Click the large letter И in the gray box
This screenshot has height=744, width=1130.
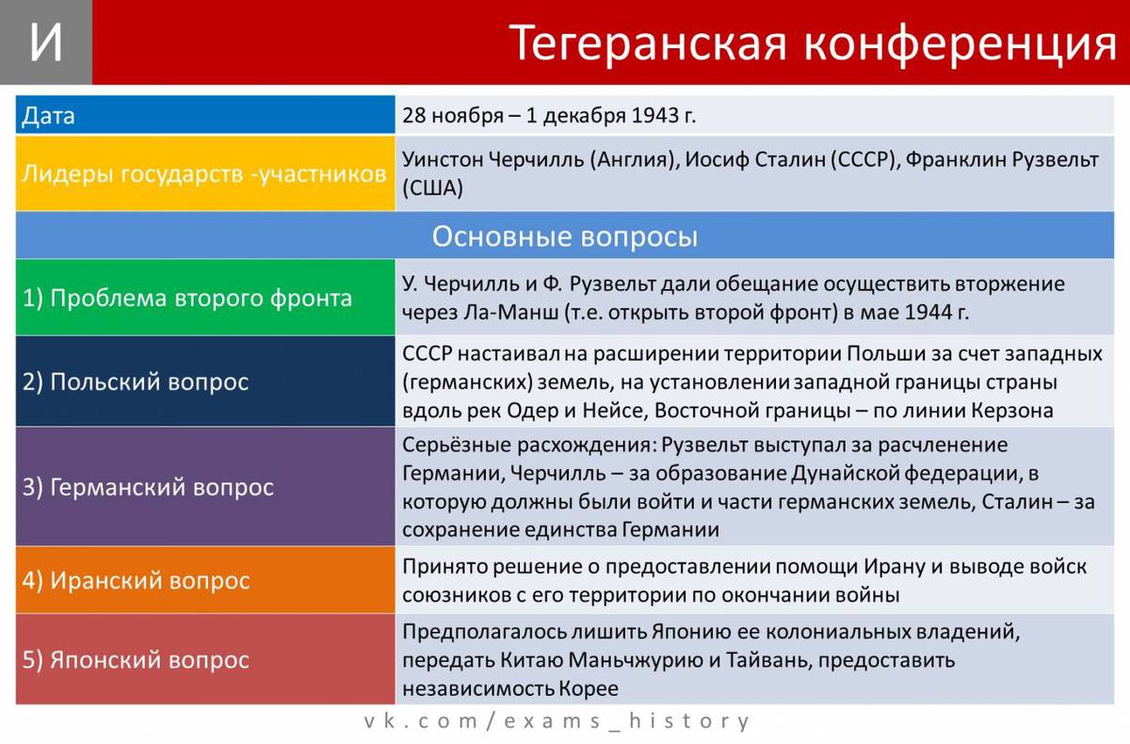point(46,41)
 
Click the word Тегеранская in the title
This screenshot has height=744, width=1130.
point(647,44)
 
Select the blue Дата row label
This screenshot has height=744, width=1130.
point(48,116)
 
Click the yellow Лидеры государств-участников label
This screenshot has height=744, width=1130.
point(203,174)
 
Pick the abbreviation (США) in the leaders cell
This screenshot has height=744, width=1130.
point(432,188)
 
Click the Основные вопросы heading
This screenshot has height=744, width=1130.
point(564,236)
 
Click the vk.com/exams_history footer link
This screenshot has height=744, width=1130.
point(557,720)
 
